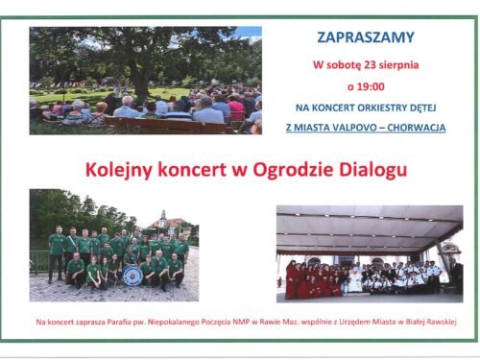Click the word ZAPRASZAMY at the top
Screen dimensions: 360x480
coord(365,37)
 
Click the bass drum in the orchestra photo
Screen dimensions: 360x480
coord(133,276)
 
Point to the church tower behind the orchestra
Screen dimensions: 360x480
coord(164,219)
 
